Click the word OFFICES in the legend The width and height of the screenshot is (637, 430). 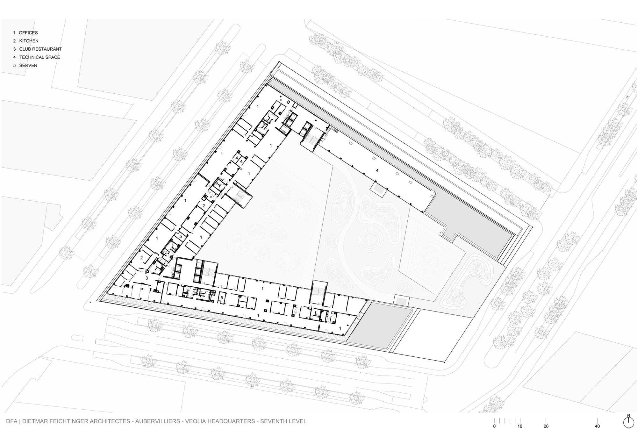click(x=28, y=33)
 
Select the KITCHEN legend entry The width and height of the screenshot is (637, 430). click(x=29, y=41)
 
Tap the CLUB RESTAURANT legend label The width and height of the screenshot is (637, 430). click(x=40, y=49)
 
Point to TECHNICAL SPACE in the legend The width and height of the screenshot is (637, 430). click(x=39, y=57)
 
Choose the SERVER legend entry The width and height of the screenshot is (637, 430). click(x=28, y=66)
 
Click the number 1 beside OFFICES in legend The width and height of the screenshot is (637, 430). click(x=14, y=33)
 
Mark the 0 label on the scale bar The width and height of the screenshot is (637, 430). click(x=494, y=426)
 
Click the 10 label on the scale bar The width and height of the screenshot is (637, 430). click(x=520, y=426)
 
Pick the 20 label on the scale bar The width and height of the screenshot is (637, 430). click(x=546, y=426)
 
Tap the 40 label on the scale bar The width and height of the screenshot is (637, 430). click(x=597, y=426)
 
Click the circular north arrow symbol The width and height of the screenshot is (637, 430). click(x=628, y=422)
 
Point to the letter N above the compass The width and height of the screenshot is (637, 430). click(x=628, y=415)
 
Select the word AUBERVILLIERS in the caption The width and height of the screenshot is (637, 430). click(x=158, y=421)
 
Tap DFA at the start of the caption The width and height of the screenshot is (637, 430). click(x=12, y=421)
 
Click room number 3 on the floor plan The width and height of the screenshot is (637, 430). click(x=147, y=278)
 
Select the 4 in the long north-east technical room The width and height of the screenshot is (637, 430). click(x=377, y=171)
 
